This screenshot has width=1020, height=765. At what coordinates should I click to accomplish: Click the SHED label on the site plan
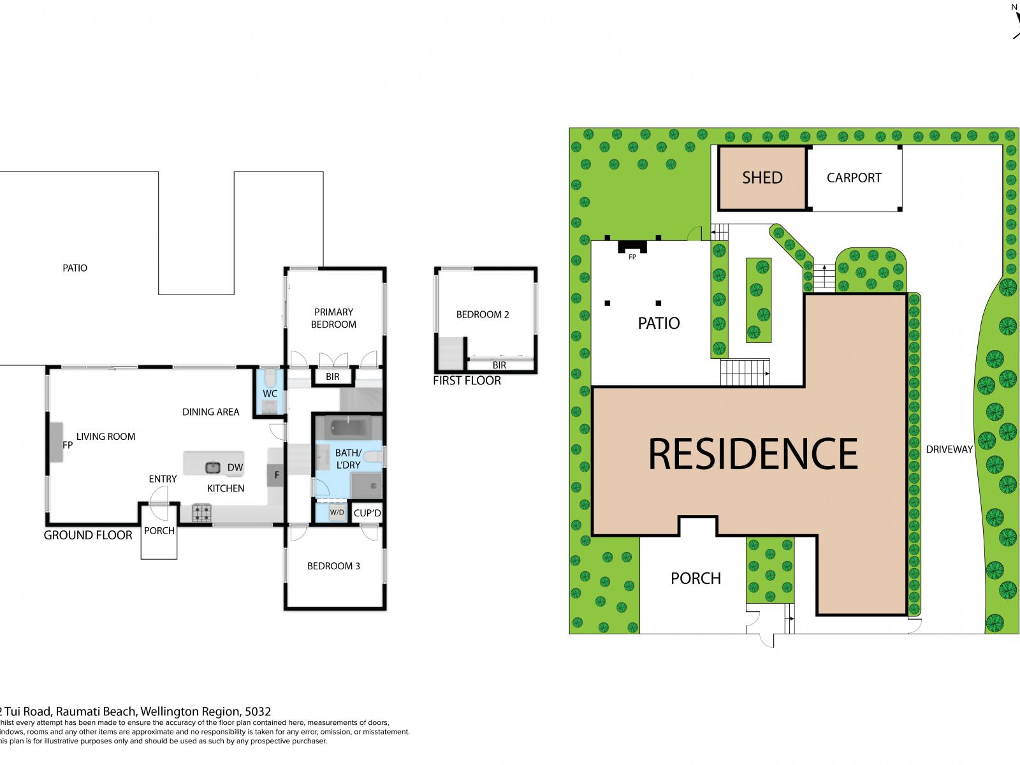(x=762, y=178)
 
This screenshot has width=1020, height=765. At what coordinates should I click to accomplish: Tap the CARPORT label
(x=854, y=178)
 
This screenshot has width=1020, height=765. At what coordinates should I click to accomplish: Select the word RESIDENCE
(x=753, y=453)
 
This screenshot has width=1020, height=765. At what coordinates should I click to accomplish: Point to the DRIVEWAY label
(x=949, y=449)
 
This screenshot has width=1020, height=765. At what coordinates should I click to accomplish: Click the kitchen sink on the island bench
(x=212, y=467)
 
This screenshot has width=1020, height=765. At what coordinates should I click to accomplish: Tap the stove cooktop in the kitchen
(x=201, y=513)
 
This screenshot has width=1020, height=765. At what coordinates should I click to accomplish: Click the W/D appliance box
(x=337, y=513)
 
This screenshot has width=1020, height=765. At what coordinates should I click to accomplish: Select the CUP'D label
(x=367, y=513)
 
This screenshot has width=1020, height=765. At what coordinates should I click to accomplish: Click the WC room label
(x=270, y=394)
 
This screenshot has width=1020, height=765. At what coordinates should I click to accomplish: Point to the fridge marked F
(x=277, y=475)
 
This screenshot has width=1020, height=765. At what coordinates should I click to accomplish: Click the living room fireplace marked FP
(x=55, y=442)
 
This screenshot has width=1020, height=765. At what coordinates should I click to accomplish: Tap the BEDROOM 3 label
(x=333, y=566)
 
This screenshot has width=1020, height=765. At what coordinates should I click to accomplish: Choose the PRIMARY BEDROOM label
(x=333, y=318)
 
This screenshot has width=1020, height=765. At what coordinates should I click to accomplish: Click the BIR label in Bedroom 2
(x=499, y=365)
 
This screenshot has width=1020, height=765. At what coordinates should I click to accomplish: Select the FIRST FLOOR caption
(x=467, y=381)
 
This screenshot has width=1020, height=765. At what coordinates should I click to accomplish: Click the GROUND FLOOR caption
(x=88, y=535)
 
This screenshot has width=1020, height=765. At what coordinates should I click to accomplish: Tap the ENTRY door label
(x=163, y=479)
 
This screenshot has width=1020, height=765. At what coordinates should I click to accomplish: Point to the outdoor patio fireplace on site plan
(x=632, y=247)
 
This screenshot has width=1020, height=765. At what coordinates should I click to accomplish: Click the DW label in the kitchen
(x=235, y=468)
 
